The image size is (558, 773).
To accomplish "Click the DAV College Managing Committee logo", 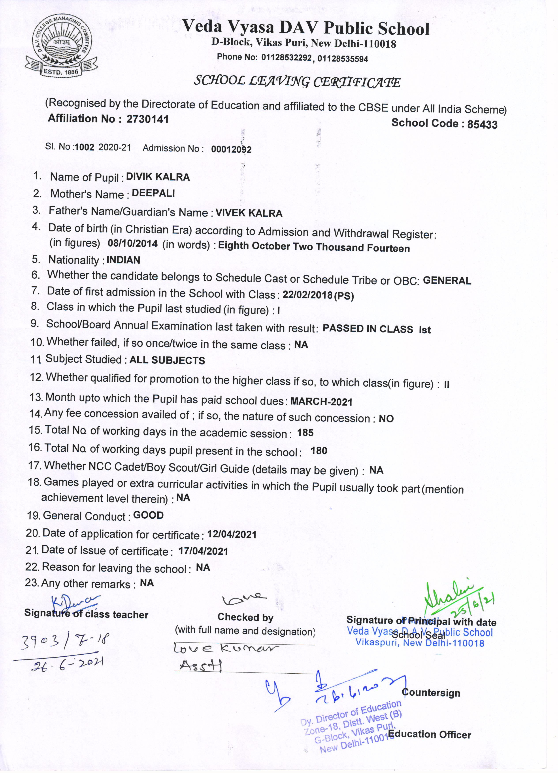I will point(60,47).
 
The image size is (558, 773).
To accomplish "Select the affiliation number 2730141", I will point(147,119).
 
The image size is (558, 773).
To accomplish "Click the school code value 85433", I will point(482,124).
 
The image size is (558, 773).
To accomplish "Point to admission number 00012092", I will point(231,149).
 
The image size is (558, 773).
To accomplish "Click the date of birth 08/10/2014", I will point(132,243).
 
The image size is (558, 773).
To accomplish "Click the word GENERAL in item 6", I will point(447,281).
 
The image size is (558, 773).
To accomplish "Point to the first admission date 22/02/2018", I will point(307,295).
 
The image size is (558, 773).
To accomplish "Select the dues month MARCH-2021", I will point(321,402).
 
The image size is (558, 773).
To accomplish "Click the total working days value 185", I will point(305,433).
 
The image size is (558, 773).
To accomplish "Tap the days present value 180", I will point(319,451).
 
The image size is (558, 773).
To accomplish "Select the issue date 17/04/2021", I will point(204,551).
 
